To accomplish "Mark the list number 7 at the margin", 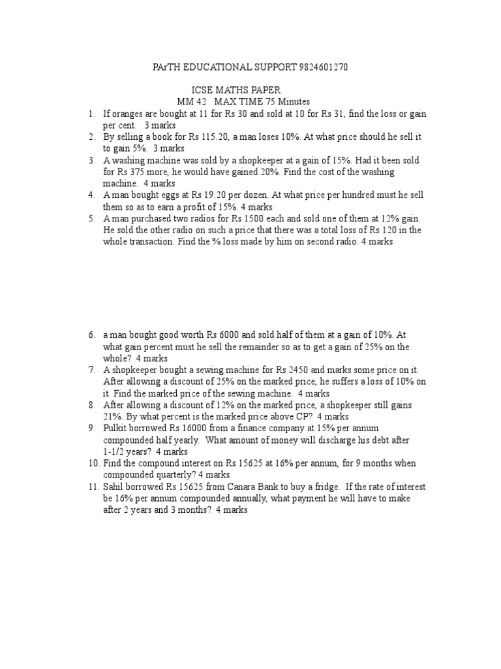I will tap(93, 370).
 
